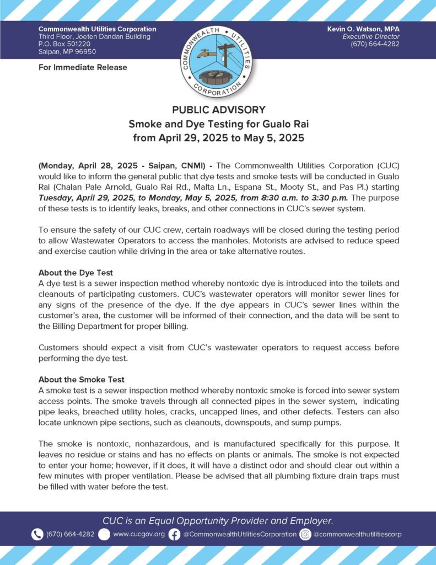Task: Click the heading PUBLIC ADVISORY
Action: (218, 110)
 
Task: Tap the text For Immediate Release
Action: (83, 67)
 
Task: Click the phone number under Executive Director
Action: (375, 44)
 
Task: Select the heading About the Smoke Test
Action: (82, 380)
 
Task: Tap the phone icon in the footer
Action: (37, 534)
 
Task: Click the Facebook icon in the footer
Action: (174, 534)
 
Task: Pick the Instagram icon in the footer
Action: (305, 534)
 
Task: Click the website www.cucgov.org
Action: (138, 534)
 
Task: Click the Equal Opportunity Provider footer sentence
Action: (218, 520)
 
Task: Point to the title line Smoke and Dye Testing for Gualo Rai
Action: (218, 124)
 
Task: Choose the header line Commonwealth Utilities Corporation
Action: (97, 29)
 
